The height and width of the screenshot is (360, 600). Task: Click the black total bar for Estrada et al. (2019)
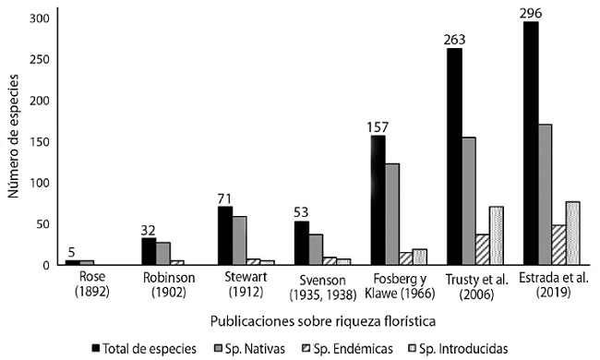(x=531, y=143)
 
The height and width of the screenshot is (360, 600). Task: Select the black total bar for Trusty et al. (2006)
(x=454, y=157)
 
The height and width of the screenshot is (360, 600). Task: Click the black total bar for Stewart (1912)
(x=225, y=235)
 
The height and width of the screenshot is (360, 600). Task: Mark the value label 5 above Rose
(x=72, y=251)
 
